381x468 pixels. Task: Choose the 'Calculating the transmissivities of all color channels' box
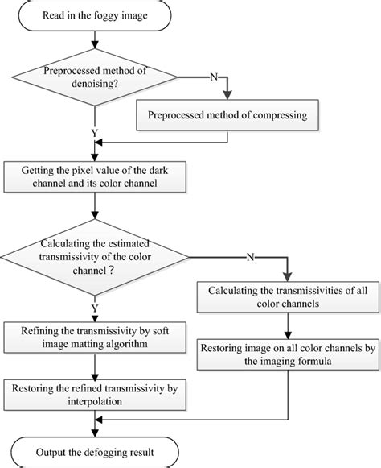click(285, 297)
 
